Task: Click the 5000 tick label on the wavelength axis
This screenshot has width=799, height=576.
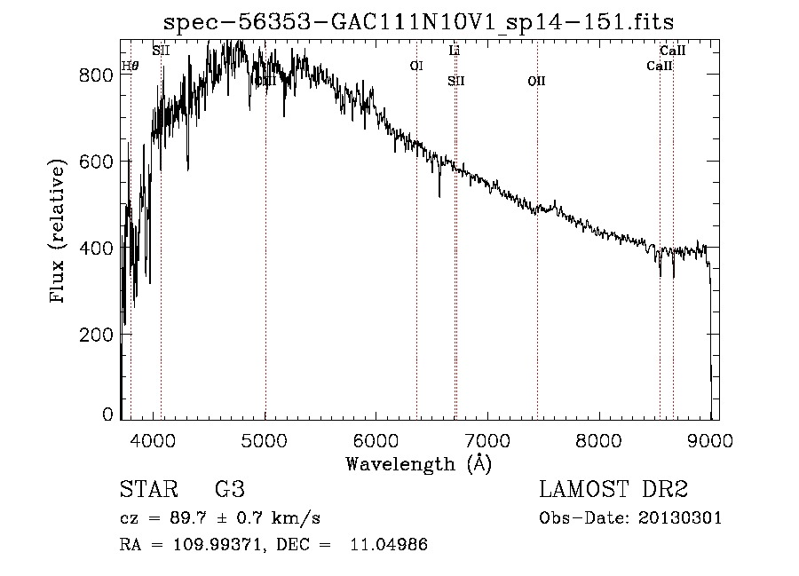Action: click(265, 438)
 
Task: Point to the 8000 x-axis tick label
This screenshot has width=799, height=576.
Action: click(599, 438)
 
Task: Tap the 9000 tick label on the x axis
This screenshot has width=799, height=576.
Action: click(710, 438)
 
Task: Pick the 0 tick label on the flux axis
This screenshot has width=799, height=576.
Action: click(107, 415)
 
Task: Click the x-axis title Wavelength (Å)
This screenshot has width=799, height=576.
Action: click(418, 463)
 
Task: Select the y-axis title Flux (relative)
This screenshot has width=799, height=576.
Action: click(59, 233)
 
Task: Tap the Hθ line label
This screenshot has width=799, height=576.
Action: click(130, 66)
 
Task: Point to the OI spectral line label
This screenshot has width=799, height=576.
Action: click(416, 66)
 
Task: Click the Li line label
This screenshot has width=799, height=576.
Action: click(455, 51)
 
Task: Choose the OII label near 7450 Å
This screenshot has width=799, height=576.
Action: click(536, 81)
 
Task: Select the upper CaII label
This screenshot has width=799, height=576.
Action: click(672, 51)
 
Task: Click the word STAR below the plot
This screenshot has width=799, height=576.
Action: click(147, 490)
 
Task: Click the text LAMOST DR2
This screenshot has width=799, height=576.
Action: click(613, 490)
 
